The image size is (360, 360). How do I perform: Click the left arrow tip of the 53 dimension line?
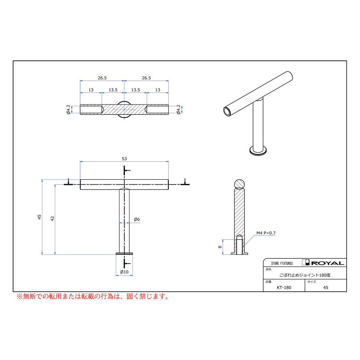tap(80, 162)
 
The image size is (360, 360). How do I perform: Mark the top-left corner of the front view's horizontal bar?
tap(80, 180)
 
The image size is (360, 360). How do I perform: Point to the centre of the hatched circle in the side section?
tap(240, 184)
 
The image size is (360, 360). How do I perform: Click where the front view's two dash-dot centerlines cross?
tap(124, 184)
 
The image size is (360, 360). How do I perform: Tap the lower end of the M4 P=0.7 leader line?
tap(243, 247)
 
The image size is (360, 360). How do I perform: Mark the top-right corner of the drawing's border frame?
tap(346, 61)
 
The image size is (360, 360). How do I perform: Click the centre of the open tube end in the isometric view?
tap(227, 112)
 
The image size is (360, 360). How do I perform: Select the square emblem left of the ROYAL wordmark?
tap(306, 262)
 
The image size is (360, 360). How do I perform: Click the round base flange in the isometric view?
tap(258, 151)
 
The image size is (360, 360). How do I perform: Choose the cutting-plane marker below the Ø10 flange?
tap(127, 264)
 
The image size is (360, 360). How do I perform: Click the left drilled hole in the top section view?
tap(91, 110)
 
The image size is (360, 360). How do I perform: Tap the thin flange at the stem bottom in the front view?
tap(124, 254)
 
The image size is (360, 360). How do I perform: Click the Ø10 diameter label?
tap(124, 272)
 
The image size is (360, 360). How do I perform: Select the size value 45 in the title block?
tap(326, 288)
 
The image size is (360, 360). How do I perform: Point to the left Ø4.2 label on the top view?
tap(68, 110)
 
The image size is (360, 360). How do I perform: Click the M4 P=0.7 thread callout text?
tap(266, 233)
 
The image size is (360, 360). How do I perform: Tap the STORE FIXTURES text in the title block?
tap(282, 263)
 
